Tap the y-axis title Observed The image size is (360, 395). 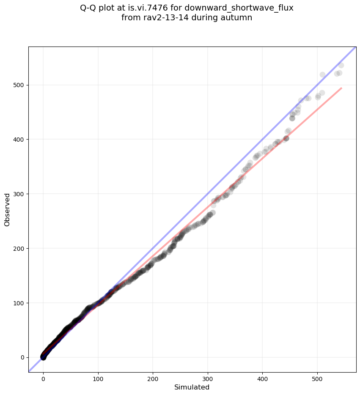point(7,209)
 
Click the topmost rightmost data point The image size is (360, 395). point(341,65)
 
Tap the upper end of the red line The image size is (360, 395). point(341,88)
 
